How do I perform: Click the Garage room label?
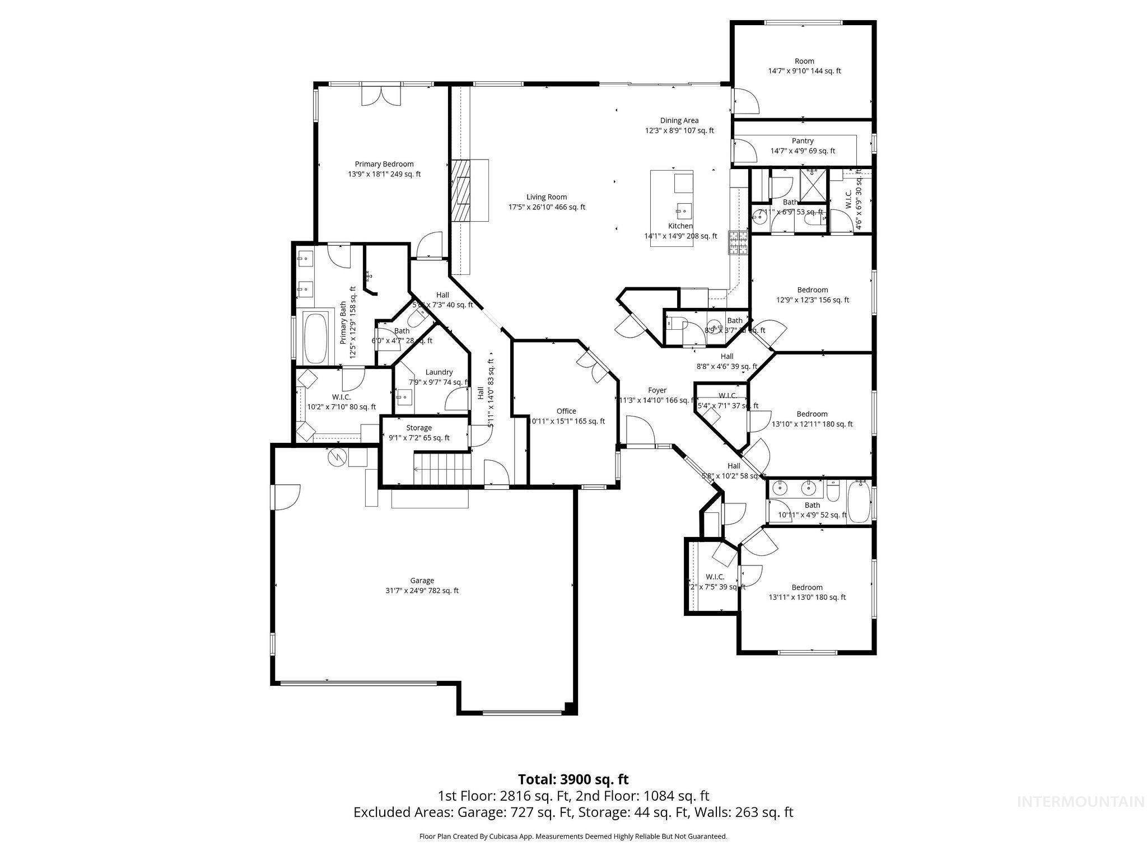pos(422,581)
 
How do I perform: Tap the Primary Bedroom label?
pos(384,164)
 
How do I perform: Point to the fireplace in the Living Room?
pos(463,191)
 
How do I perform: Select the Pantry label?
pos(803,141)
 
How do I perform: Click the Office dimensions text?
pos(567,421)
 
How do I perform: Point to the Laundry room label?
pos(439,372)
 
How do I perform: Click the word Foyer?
pos(657,390)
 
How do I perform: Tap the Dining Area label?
pos(679,120)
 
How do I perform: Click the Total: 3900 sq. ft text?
pos(573,779)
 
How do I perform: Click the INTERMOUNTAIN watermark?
pos(1080,818)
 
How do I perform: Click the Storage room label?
pos(419,428)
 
